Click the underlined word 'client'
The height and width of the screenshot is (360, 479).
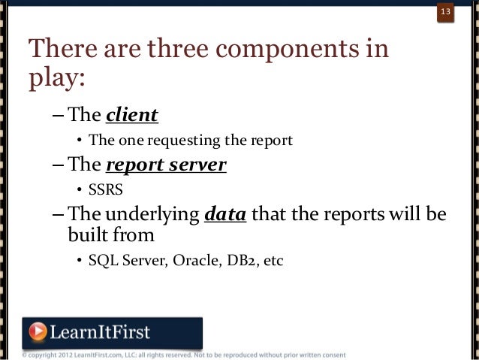point(131,115)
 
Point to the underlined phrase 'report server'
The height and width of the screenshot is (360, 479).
point(166,165)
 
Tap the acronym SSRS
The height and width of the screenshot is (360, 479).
point(105,189)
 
